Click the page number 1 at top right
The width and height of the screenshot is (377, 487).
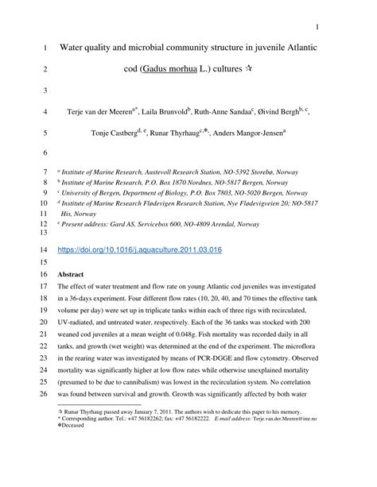coord(317,29)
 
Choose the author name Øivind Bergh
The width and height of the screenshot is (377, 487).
coord(282,112)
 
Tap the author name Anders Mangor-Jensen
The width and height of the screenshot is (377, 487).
coord(254,133)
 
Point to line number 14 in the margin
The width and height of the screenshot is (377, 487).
coord(43,249)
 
